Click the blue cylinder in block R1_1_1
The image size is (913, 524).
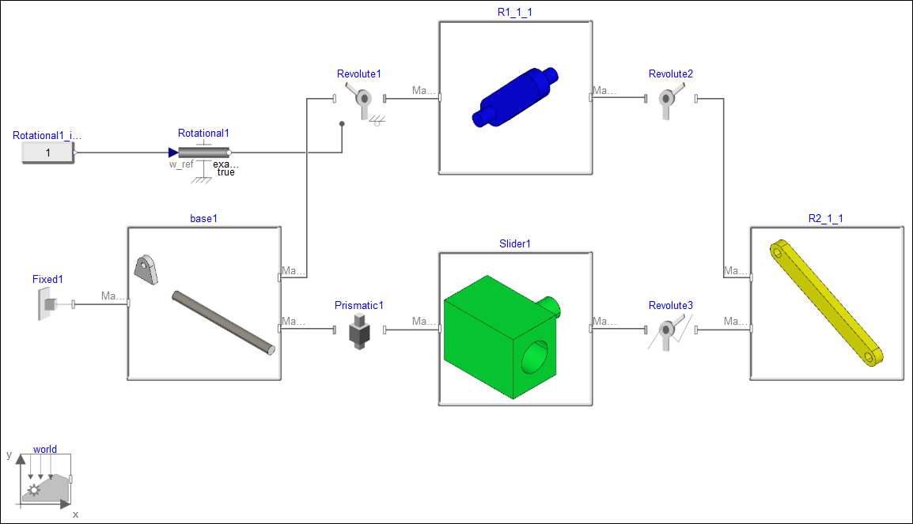click(x=515, y=97)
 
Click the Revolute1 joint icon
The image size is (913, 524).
click(x=363, y=100)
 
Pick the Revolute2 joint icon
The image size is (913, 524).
click(x=669, y=100)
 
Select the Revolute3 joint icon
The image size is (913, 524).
click(x=669, y=330)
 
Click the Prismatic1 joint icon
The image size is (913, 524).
click(x=360, y=330)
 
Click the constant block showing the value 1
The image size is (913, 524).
click(x=47, y=153)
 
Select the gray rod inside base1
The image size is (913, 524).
click(x=224, y=322)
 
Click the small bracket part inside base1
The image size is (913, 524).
click(x=146, y=269)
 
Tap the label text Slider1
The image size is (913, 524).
click(x=514, y=243)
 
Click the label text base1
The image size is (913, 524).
click(x=203, y=218)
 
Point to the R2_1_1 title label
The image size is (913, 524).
click(x=825, y=218)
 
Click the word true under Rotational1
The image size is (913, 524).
click(x=225, y=172)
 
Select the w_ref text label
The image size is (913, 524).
click(x=181, y=164)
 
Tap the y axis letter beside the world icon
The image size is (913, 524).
click(x=9, y=455)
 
